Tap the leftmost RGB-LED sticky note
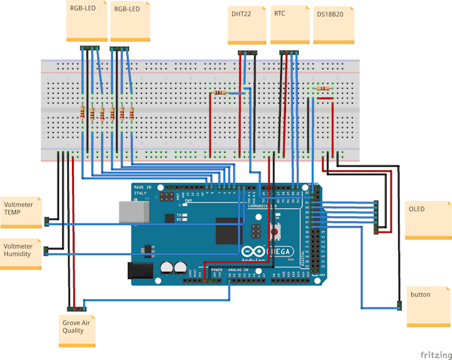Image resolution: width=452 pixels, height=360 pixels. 86,21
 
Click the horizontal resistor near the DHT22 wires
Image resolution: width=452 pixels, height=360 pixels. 222,93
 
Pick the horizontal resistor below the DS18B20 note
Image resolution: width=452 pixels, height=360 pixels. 322,88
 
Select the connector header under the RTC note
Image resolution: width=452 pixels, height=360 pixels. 289,53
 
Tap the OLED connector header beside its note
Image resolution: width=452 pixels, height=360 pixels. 375,216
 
